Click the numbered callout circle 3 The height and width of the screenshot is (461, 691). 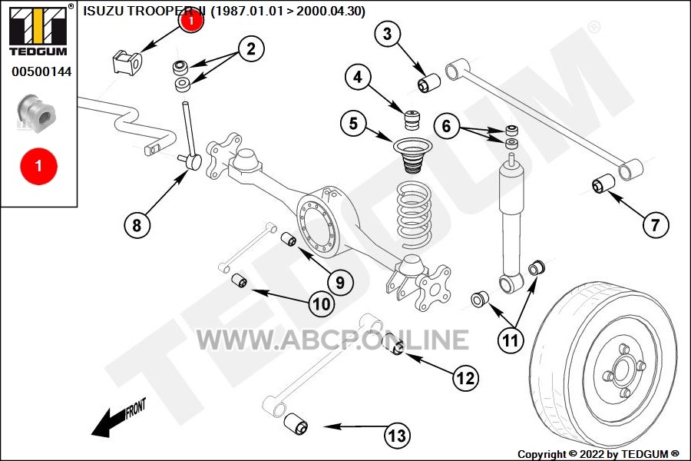[x=388, y=34]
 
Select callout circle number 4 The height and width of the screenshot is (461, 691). [x=358, y=77]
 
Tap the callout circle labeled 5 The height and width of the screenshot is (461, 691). [x=353, y=124]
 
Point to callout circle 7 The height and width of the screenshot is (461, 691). [x=655, y=225]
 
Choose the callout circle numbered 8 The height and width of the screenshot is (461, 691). [x=137, y=225]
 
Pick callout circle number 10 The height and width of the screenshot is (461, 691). [x=322, y=303]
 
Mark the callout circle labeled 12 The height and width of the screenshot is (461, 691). [x=466, y=377]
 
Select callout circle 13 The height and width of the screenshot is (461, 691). [x=396, y=436]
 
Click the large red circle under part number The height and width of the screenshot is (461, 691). [x=38, y=165]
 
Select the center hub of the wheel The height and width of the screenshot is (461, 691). [x=620, y=372]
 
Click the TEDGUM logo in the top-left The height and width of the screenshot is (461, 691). [x=38, y=32]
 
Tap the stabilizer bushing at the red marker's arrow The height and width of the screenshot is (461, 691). [x=127, y=61]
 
